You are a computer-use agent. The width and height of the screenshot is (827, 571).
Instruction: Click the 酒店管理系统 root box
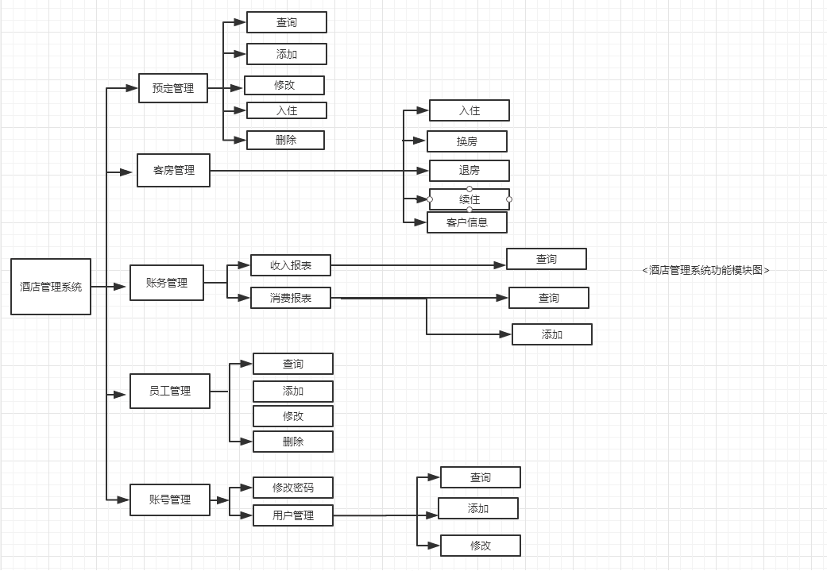click(x=51, y=287)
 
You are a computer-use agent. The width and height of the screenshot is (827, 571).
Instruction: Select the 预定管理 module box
click(x=173, y=88)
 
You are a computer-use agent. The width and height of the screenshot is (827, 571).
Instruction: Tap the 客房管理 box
click(x=173, y=170)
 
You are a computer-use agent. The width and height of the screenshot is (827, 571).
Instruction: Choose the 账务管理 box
click(x=167, y=283)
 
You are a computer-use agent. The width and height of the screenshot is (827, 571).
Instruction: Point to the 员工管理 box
click(x=170, y=391)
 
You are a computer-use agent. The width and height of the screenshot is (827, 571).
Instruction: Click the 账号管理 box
click(x=170, y=500)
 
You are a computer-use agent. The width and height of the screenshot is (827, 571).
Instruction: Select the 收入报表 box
click(x=291, y=265)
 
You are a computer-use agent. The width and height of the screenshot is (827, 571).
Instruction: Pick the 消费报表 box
click(x=291, y=298)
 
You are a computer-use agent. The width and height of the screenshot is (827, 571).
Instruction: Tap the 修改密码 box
click(x=293, y=488)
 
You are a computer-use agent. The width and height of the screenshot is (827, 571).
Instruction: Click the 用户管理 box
click(x=293, y=515)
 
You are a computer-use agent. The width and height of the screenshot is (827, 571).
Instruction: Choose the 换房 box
click(x=467, y=141)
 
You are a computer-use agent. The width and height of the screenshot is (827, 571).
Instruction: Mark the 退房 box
click(x=470, y=170)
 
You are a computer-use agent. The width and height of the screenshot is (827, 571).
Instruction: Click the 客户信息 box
click(x=467, y=222)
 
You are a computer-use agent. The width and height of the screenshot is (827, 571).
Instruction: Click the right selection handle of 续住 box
click(x=509, y=199)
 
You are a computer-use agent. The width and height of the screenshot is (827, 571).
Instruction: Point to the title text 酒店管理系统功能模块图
click(x=705, y=270)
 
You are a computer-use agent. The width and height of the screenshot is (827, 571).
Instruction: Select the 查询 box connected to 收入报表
click(x=547, y=259)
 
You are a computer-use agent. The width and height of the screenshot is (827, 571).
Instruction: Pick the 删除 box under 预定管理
click(x=286, y=140)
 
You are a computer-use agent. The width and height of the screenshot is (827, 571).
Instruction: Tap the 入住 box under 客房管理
click(x=470, y=110)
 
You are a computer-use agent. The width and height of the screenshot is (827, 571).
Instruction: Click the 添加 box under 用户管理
click(x=478, y=508)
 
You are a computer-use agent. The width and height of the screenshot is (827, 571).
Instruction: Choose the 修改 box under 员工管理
click(x=293, y=416)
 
